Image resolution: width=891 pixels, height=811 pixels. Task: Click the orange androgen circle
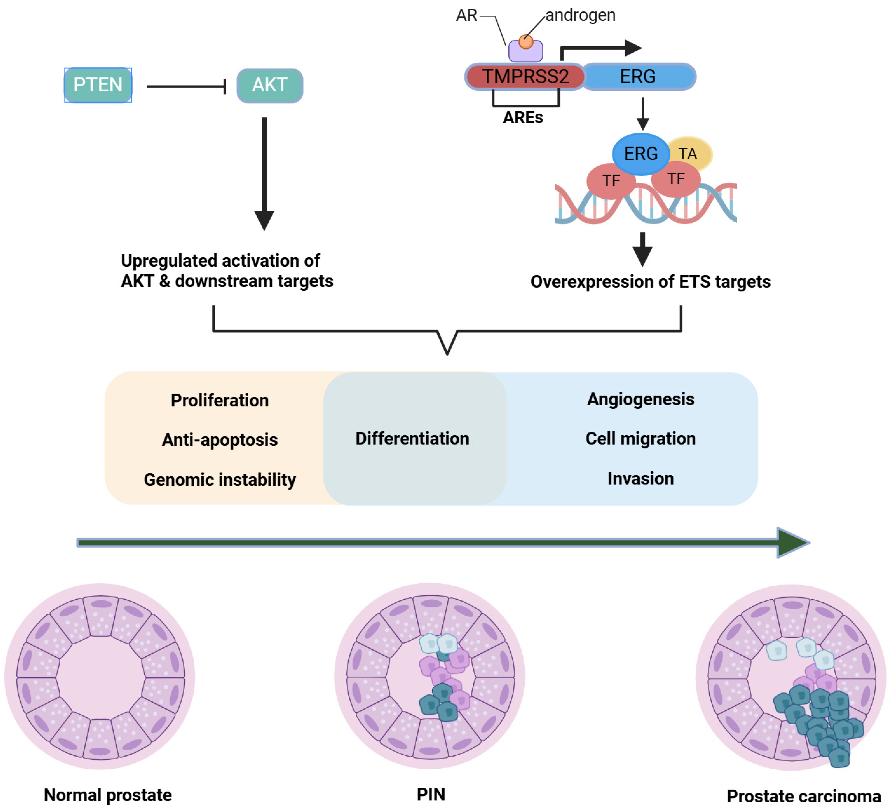[x=526, y=42]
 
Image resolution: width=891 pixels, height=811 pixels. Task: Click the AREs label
[x=523, y=118]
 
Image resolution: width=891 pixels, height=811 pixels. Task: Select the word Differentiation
[x=412, y=439]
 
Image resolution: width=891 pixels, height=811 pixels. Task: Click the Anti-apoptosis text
[x=220, y=440]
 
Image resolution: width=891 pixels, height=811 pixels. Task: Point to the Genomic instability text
[x=220, y=480]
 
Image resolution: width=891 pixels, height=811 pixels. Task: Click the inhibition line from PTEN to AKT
[x=187, y=86]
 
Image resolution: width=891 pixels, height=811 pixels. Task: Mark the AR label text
[x=467, y=15]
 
